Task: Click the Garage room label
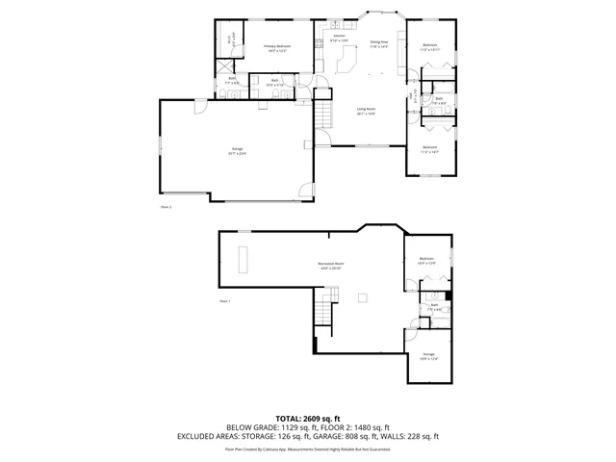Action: coord(238,151)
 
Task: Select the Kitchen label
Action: coord(339,38)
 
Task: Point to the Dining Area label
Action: coord(378,44)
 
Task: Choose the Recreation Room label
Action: coord(331,265)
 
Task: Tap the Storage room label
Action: coord(429,356)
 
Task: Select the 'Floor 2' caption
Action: coord(166,206)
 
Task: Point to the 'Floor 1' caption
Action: coord(226,301)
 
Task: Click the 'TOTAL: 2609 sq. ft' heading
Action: coord(308,418)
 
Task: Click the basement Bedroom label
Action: coord(426,260)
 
